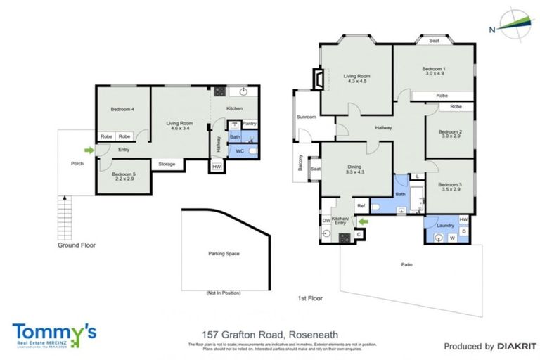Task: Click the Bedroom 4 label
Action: click(x=122, y=109)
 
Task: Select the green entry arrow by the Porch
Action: click(x=89, y=149)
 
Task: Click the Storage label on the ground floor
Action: click(x=167, y=164)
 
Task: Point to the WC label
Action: click(x=239, y=150)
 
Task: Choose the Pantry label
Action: click(x=250, y=124)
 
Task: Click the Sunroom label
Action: click(x=306, y=117)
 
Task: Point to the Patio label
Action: click(x=407, y=265)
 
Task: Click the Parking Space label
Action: click(x=224, y=253)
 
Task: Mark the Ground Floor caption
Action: click(x=77, y=245)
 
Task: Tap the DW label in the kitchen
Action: click(x=326, y=221)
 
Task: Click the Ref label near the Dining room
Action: click(x=361, y=206)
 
